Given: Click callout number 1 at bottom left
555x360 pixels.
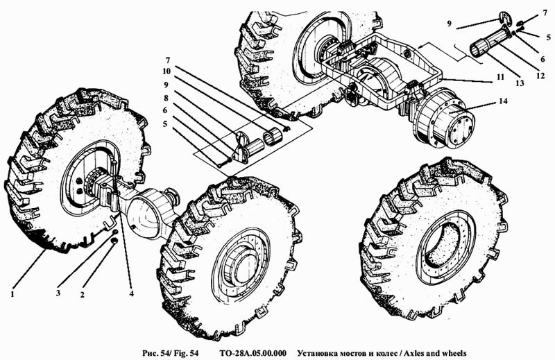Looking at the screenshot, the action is pos(12,294).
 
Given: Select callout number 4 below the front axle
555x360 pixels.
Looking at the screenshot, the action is pos(131,294).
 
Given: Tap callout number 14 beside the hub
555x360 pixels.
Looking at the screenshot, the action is pos(503,101).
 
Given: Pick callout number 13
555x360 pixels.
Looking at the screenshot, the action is pos(520,83).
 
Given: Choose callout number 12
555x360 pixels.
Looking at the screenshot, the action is pos(540,76).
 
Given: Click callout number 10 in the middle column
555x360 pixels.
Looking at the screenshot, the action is pos(166,71).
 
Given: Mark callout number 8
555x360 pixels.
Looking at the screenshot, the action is pos(166,98).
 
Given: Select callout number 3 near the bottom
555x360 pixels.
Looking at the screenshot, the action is pos(58,293).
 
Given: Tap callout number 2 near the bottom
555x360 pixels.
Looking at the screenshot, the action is pos(82,295).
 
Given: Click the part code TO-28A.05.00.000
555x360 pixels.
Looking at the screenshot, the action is pos(253,353).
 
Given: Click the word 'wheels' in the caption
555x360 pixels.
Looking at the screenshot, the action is pos(454,353).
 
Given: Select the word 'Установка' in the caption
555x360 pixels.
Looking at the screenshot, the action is pos(314,353).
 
